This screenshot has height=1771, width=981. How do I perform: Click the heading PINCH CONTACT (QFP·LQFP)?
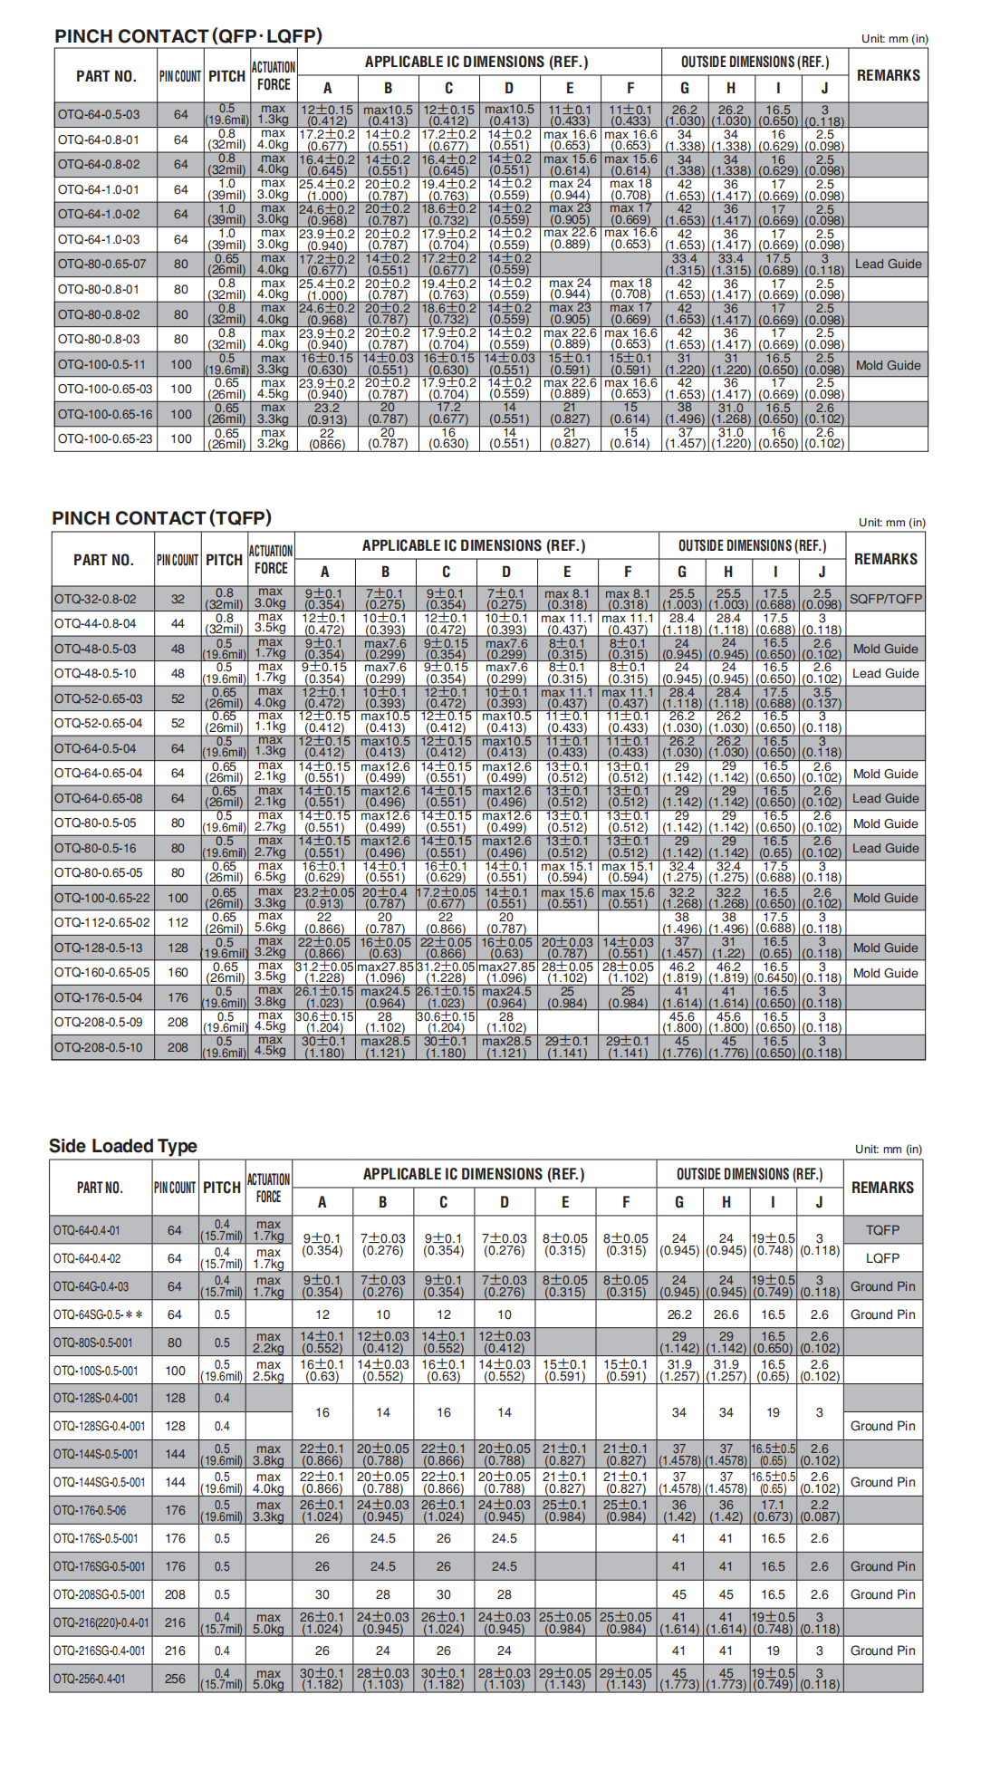[188, 36]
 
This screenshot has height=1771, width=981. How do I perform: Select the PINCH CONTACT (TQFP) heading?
[161, 518]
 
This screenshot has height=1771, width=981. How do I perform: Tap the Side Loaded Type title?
[122, 1146]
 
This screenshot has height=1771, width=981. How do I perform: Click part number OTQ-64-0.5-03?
[99, 115]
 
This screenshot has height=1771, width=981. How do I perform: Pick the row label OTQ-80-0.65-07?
[101, 265]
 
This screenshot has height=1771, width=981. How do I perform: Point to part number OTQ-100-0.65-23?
[105, 439]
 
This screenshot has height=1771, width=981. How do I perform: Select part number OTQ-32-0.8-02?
[95, 599]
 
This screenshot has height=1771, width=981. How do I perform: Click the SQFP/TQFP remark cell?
[885, 599]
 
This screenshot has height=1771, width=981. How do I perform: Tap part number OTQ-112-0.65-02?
[101, 923]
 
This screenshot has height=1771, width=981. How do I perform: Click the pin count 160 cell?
[178, 973]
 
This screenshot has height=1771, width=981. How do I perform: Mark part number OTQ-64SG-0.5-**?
[98, 1314]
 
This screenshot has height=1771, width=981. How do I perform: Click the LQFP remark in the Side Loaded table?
[882, 1258]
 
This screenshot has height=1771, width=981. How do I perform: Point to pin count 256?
[175, 1679]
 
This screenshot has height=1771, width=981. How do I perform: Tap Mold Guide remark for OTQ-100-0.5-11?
[888, 365]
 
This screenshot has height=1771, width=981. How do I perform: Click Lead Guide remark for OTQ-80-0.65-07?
[888, 265]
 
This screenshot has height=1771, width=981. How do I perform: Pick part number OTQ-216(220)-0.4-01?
[101, 1622]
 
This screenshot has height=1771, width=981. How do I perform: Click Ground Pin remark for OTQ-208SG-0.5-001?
[882, 1594]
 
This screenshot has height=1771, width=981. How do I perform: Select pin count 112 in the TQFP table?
[178, 923]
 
